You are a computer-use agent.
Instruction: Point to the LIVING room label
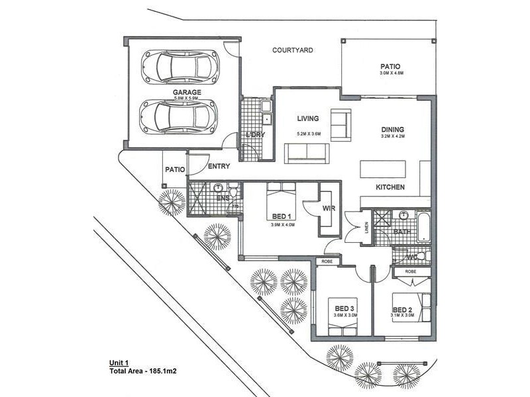coord(308,119)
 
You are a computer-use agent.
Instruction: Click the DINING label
coord(392,130)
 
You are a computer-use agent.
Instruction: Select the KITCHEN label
coord(390,188)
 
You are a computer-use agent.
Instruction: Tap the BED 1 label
coord(281,216)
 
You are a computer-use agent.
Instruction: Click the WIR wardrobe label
coord(327,208)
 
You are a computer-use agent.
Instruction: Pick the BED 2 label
coord(403,309)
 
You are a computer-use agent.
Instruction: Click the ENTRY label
coord(219,167)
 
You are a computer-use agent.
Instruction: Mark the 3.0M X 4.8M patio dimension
coord(391,73)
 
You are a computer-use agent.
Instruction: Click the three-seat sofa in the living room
coord(306,154)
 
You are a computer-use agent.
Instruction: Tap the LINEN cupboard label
coord(366,228)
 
